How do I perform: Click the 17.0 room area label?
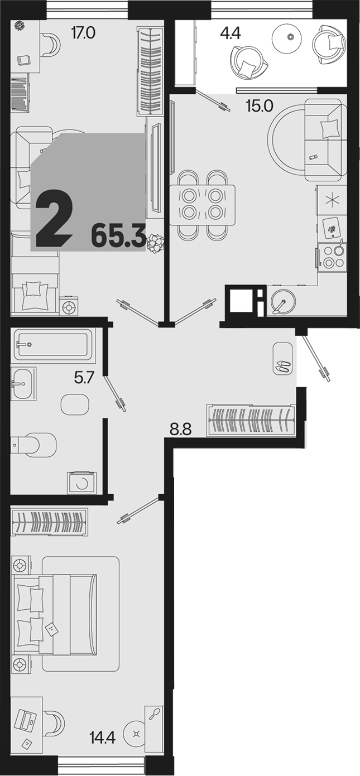click(x=83, y=33)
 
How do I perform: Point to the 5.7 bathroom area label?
click(x=84, y=377)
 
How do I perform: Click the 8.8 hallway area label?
click(x=181, y=430)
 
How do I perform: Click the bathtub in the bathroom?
click(x=52, y=344)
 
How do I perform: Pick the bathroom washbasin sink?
click(x=23, y=384)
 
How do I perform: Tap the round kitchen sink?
click(x=284, y=302)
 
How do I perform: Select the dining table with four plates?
click(x=203, y=205)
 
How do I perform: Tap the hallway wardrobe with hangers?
click(x=251, y=420)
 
